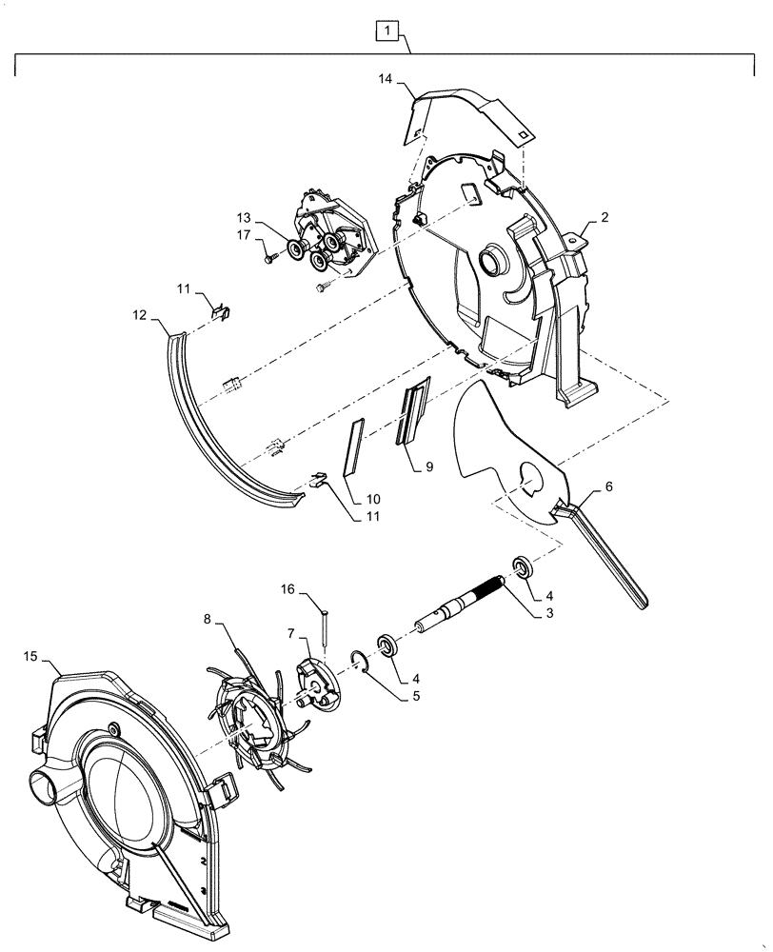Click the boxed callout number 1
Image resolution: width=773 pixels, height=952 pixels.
tap(386, 33)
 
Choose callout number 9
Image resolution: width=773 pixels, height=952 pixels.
tap(429, 466)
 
